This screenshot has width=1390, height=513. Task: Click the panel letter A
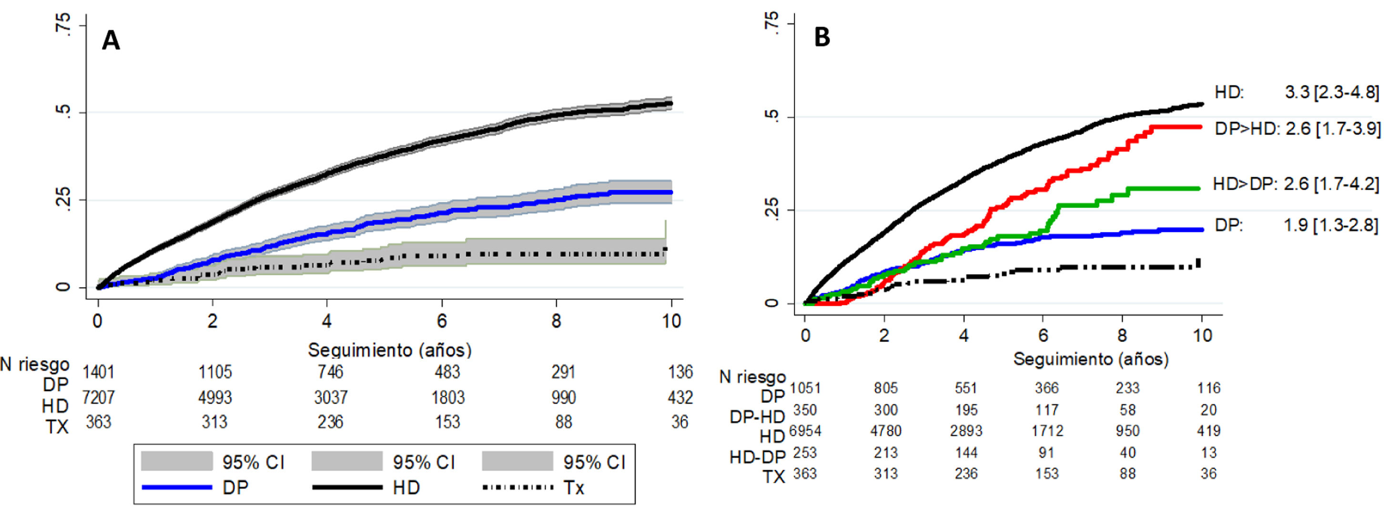pos(111,40)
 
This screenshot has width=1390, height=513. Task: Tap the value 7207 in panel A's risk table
pos(98,398)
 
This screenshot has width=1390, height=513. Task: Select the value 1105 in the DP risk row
pos(215,372)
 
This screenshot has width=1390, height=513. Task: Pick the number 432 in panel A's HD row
pos(680,398)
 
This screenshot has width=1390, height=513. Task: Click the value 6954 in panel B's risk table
pos(805,431)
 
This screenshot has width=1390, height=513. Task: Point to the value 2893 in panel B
pos(966,431)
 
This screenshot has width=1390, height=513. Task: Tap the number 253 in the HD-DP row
pos(805,453)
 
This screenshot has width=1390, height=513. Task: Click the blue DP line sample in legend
pos(176,488)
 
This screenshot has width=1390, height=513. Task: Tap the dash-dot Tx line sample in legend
pos(517,488)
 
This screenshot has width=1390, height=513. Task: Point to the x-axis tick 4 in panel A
pos(327,322)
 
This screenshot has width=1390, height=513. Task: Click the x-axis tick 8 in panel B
pos(1122,335)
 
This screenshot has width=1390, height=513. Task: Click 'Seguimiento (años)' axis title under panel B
pos(1091,359)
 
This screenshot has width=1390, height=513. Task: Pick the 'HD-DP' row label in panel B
pos(757,457)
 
